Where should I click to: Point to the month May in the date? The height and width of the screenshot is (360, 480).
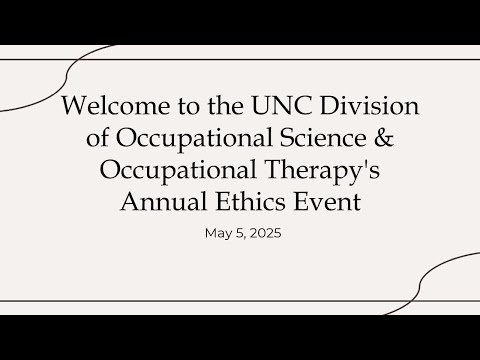click(x=216, y=236)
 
